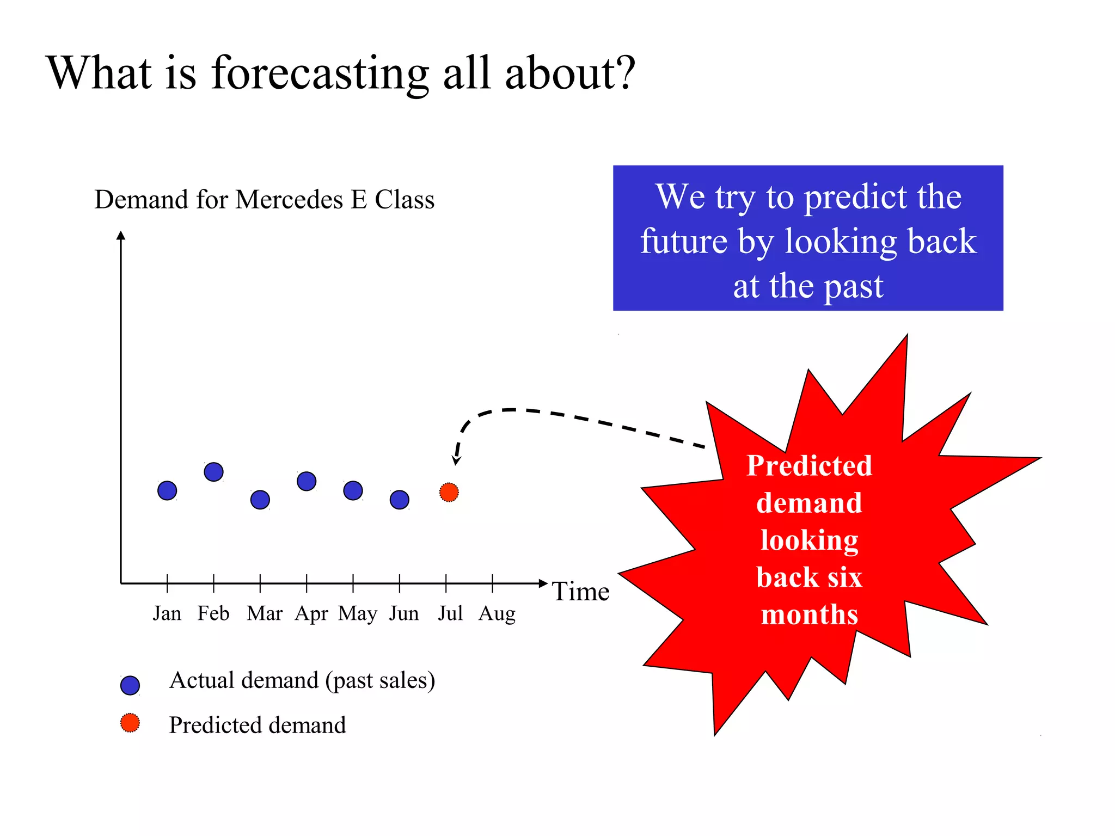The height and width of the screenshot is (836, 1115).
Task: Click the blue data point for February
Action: [x=213, y=472]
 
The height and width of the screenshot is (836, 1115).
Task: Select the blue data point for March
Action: [x=260, y=500]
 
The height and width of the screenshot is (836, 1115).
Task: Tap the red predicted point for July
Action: [x=449, y=492]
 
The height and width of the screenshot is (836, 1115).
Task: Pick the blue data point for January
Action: [x=167, y=490]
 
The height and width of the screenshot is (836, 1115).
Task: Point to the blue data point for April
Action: [x=307, y=481]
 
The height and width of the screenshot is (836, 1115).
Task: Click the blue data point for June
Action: [x=400, y=500]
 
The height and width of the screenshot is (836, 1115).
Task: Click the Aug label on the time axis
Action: [x=497, y=614]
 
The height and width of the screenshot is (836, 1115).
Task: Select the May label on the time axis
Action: [x=358, y=614]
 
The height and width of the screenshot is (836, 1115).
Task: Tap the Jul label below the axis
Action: [x=450, y=613]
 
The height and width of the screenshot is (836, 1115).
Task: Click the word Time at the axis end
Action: [x=580, y=592]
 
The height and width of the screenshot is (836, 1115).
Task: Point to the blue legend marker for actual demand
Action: [x=130, y=685]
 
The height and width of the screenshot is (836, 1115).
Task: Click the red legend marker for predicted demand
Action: [x=130, y=723]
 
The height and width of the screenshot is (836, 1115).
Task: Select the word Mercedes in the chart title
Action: [x=289, y=199]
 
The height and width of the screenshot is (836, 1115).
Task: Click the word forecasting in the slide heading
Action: [x=320, y=73]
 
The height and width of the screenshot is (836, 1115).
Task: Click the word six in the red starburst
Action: [x=844, y=577]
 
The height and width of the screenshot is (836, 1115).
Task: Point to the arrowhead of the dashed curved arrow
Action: [x=457, y=461]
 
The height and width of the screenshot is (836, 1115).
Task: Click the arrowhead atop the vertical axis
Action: [x=121, y=235]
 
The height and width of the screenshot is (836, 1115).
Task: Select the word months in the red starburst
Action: [x=809, y=615]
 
